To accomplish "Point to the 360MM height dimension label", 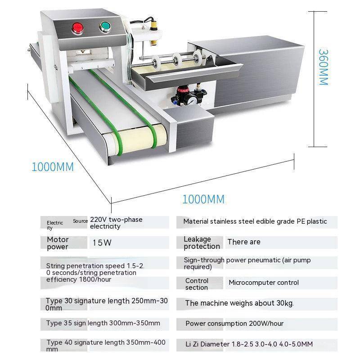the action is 323,67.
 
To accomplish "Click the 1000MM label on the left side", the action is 52,166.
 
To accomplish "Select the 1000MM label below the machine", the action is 203,199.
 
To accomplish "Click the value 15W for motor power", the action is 102,243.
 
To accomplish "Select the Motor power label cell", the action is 58,243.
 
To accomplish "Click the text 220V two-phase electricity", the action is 116,223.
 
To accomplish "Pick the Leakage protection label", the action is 202,243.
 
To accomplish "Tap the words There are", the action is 243,242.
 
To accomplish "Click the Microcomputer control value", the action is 264,283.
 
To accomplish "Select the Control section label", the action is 197,284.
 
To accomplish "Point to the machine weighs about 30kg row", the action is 239,303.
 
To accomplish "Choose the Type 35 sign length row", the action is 103,323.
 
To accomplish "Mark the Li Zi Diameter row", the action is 249,344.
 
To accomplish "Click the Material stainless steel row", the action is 255,221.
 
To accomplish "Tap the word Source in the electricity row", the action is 80,221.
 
